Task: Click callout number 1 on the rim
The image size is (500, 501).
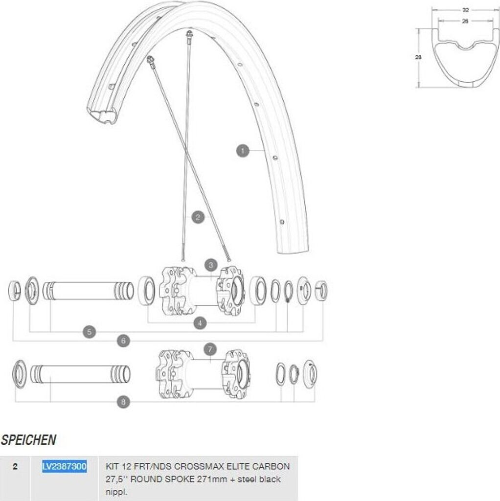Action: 243,151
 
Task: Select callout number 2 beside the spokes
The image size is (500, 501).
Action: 198,217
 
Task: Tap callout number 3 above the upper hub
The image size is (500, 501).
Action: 211,265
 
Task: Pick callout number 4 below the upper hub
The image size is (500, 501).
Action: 200,323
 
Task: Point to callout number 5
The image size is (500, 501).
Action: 89,332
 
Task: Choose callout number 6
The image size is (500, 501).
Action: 123,341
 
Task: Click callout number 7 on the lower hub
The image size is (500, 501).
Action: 210,349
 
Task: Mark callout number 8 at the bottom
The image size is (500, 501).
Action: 123,402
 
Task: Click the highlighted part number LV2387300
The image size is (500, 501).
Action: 64,466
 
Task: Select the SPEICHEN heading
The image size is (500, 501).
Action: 28,440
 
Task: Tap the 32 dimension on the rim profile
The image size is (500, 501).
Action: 465,10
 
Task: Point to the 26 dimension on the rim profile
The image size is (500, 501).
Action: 465,21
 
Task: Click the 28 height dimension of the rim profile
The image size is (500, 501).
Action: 418,57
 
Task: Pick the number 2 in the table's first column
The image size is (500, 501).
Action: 15,466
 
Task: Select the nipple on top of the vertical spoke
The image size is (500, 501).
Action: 189,34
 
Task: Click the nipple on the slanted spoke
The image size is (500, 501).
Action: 150,60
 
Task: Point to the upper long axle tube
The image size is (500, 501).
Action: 88,291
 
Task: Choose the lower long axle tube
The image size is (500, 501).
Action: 81,374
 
